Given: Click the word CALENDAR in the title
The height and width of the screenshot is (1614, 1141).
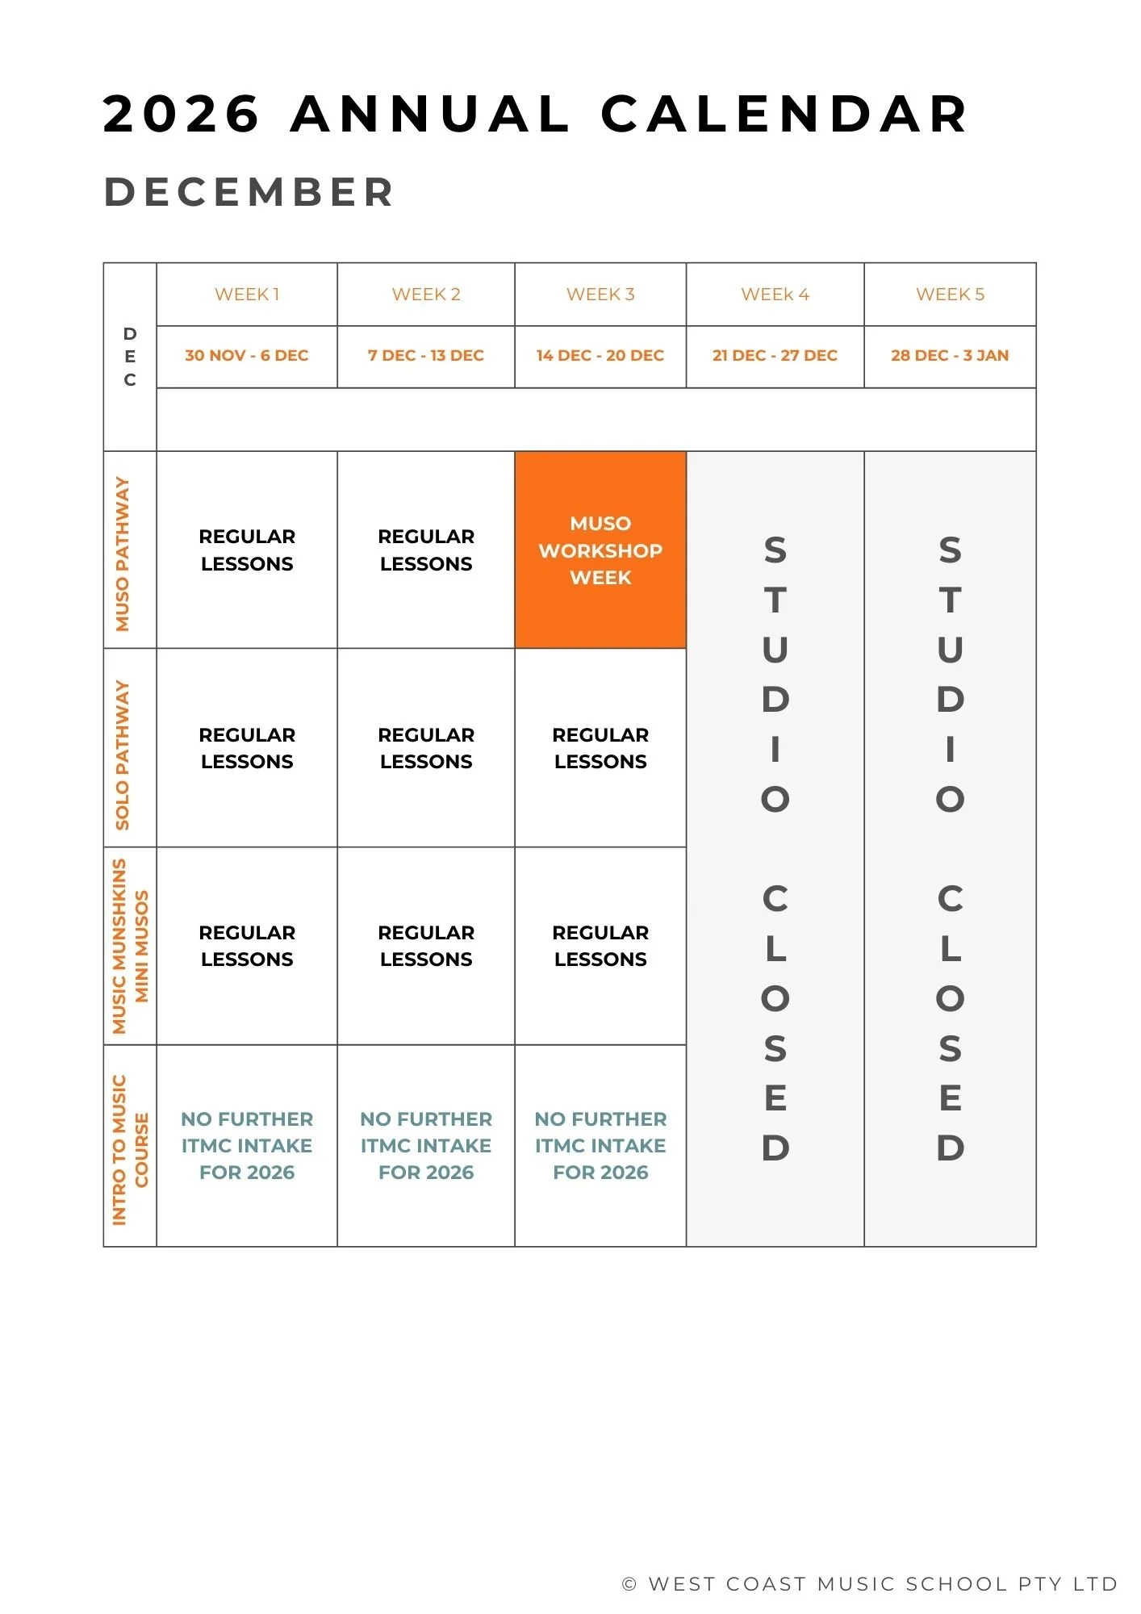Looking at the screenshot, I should coord(784,114).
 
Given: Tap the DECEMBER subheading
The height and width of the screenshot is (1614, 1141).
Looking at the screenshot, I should coord(249,193).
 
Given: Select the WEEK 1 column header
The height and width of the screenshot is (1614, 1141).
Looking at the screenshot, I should coord(247,295).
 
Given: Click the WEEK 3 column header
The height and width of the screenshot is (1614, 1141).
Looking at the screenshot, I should coord(600,295).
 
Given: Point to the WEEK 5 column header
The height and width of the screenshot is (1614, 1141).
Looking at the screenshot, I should coord(950,295).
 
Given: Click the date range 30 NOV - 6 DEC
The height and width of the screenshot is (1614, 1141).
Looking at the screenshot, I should coord(247,356).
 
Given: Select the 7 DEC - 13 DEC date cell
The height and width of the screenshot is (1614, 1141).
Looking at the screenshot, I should coord(426,356).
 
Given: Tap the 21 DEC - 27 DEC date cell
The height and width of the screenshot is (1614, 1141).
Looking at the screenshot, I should coord(775,356).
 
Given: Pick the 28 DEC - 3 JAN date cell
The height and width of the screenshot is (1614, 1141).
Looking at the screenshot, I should coord(950,356).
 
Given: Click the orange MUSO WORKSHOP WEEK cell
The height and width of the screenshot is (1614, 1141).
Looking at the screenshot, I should coord(600,550).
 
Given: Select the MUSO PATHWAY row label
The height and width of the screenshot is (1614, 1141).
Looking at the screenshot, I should coord(123,554).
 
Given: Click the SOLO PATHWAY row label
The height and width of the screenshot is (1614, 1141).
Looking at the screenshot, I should coord(123,755).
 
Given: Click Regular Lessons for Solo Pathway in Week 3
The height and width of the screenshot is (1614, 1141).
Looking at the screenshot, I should coord(600,748).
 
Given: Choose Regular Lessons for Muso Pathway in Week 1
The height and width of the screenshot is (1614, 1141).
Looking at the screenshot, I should coord(247,550).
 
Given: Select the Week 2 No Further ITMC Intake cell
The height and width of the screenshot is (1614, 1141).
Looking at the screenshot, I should coord(426,1146).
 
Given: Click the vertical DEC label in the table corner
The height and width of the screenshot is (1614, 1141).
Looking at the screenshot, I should coord(130,357).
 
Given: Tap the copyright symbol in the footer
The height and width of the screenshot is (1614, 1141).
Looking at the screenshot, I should coord(629,1584).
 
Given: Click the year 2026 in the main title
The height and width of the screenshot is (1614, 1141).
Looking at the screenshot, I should coord(182,114).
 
